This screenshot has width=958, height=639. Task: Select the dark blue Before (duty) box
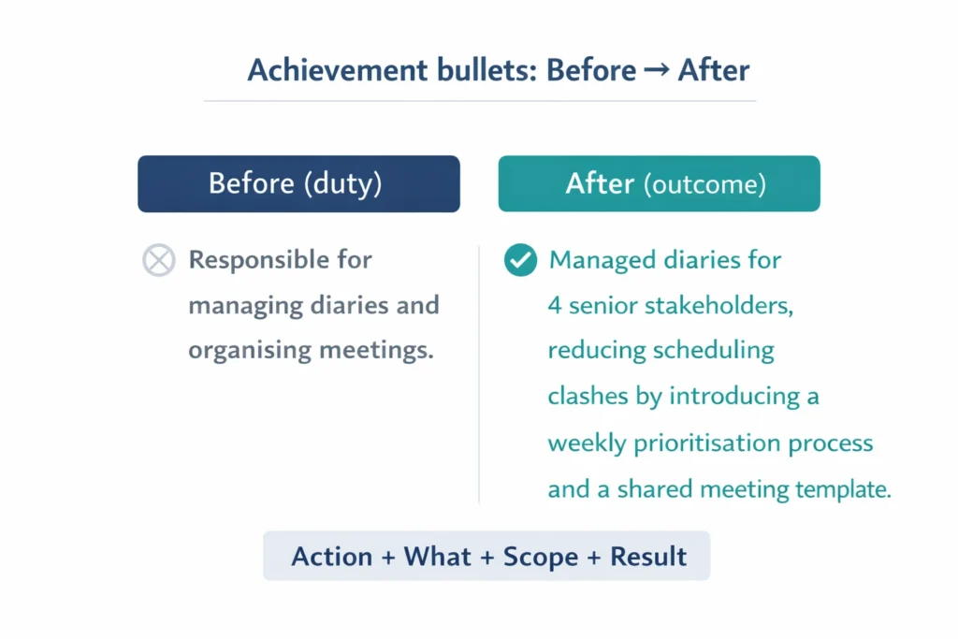(x=298, y=183)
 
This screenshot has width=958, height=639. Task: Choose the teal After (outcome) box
(x=659, y=183)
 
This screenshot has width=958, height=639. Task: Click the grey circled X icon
(x=158, y=260)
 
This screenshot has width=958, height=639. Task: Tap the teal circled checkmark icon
(x=520, y=261)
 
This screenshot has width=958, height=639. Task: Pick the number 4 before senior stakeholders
(x=555, y=305)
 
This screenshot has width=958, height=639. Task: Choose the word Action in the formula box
(x=332, y=557)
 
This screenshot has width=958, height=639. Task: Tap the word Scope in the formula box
(x=542, y=557)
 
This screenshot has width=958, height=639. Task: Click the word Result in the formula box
(x=648, y=557)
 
